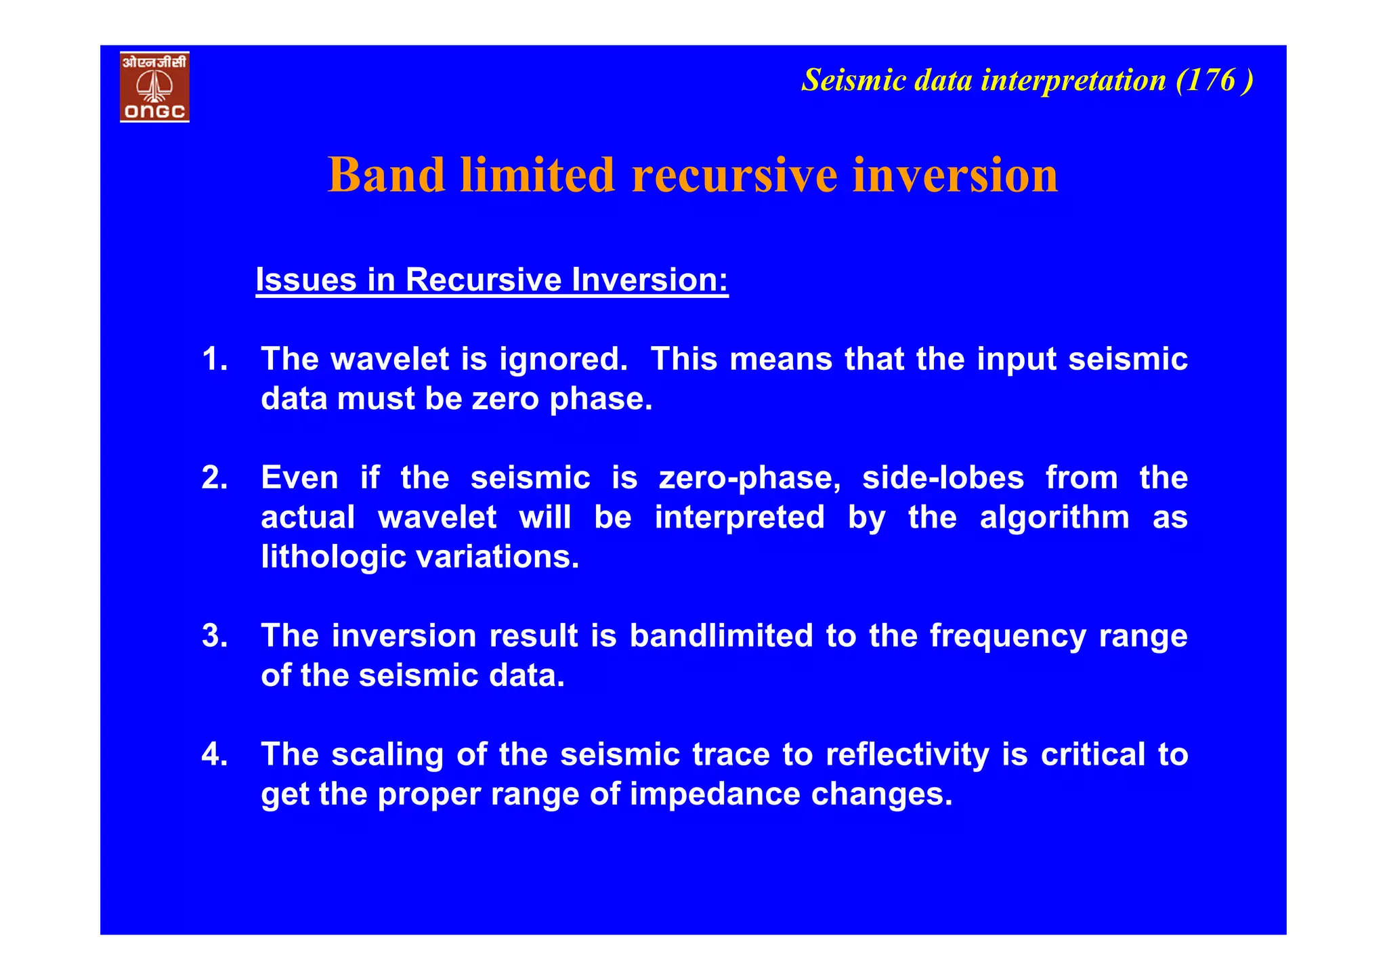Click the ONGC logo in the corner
coord(154,87)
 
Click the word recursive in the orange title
coord(734,175)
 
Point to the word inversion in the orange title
coord(955,175)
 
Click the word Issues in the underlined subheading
coord(305,280)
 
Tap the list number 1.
coord(214,359)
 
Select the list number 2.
coord(214,478)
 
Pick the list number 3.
coord(214,636)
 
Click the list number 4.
coord(214,754)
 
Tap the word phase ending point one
coord(600,400)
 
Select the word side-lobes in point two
coord(943,478)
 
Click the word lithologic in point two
coord(332,557)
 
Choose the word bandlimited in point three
coord(721,636)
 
